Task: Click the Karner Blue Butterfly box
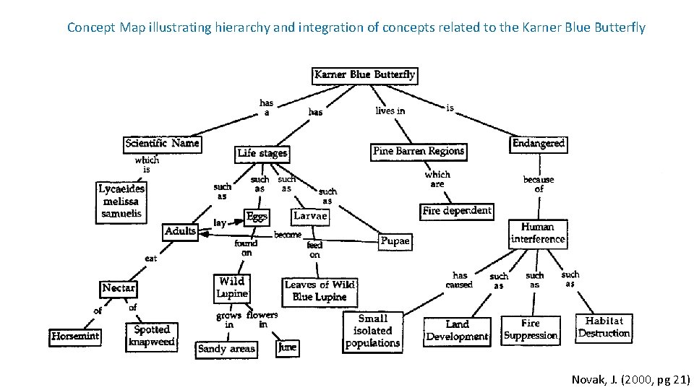(x=365, y=74)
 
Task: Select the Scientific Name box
(x=162, y=143)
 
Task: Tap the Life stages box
(x=262, y=153)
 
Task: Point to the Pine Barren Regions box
(x=419, y=151)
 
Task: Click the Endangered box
(x=538, y=143)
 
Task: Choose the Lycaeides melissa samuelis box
(x=121, y=201)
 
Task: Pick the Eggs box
(x=257, y=217)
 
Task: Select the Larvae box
(x=311, y=215)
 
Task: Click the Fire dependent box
(x=457, y=211)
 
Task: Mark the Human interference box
(x=538, y=233)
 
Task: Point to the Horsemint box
(x=75, y=336)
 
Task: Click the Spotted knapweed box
(x=152, y=335)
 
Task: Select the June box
(x=287, y=347)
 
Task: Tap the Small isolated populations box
(x=372, y=331)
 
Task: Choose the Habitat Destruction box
(x=604, y=327)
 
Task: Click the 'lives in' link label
(x=390, y=111)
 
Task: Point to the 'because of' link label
(x=539, y=183)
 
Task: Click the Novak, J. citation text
(x=630, y=379)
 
